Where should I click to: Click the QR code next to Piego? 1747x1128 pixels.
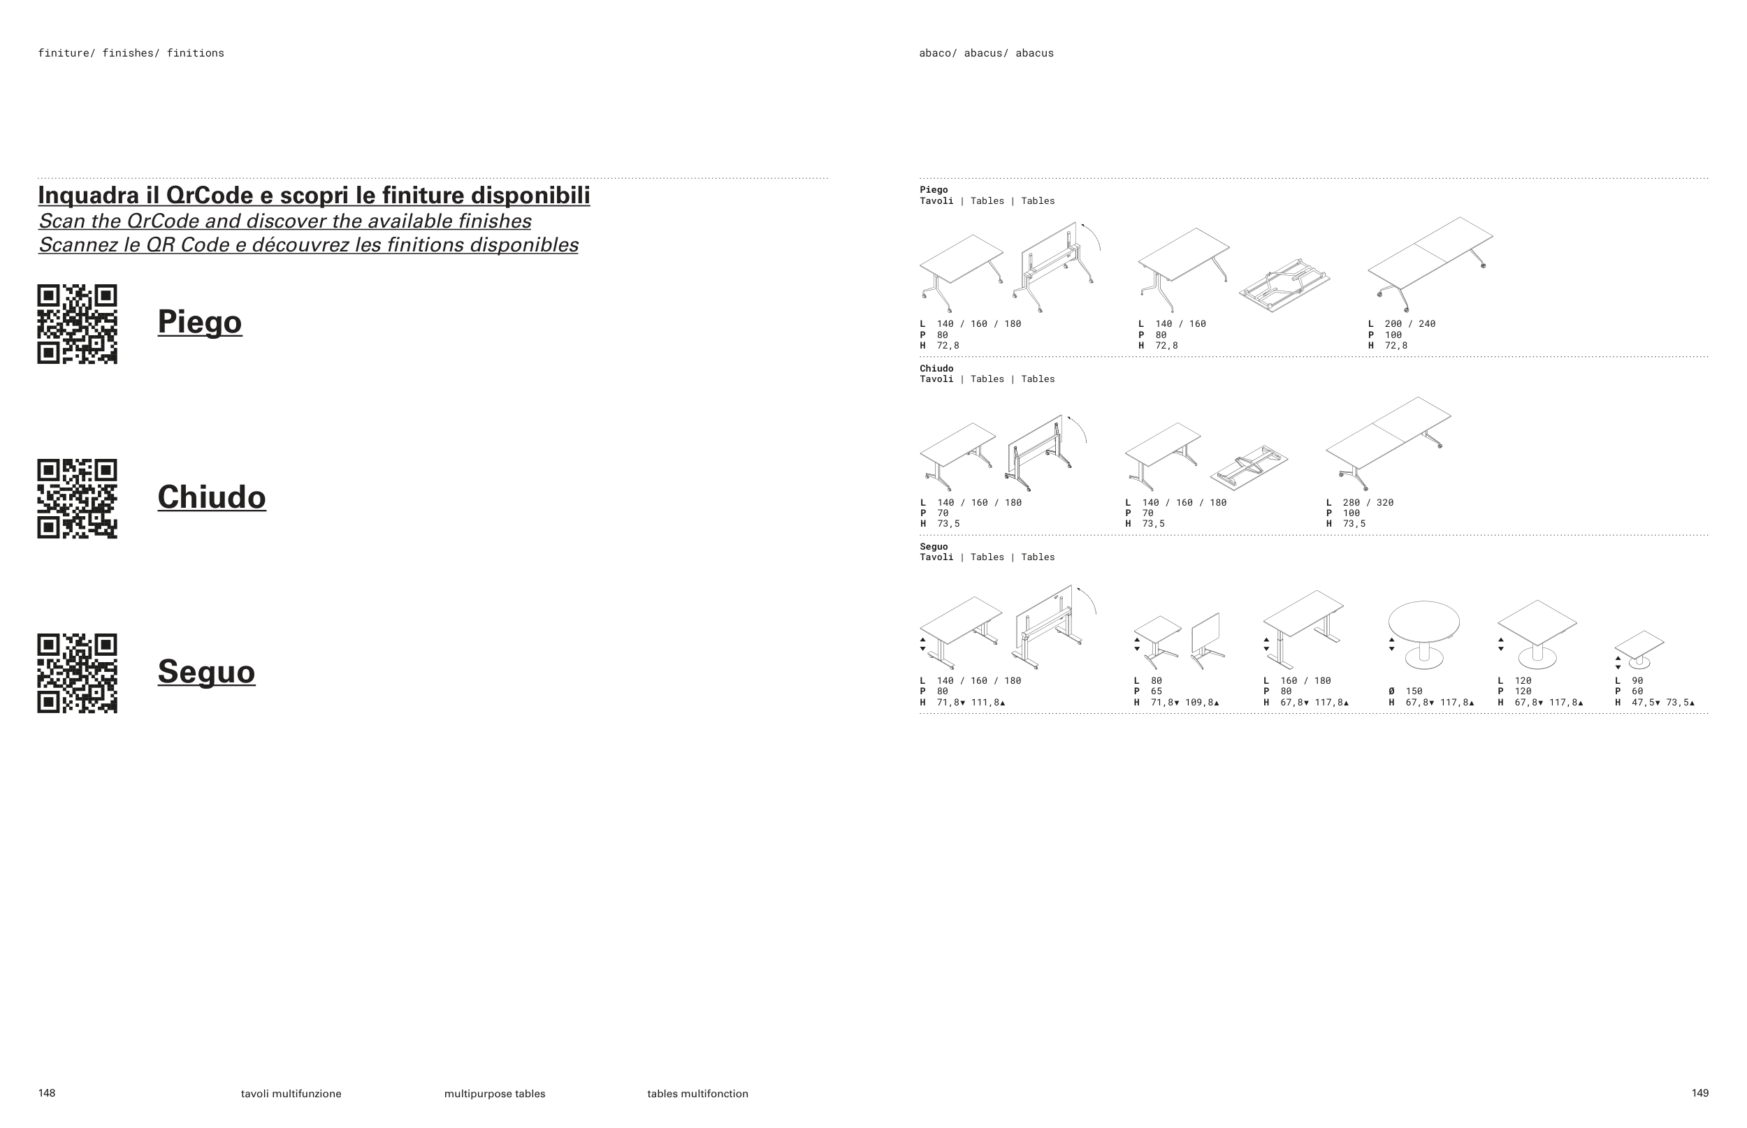pos(77,324)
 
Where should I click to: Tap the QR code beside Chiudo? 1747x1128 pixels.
pos(77,499)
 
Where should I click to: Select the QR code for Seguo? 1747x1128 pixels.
pos(77,673)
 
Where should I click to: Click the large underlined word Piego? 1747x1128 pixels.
pos(199,321)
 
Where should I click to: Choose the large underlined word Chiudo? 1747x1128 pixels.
pos(211,497)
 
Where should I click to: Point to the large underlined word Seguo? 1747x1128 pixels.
pos(206,672)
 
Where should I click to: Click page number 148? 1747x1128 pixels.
pos(47,1093)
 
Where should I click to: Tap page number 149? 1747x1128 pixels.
pos(1699,1093)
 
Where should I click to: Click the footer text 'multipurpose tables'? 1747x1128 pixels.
pos(495,1094)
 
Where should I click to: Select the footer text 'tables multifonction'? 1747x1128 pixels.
pos(697,1094)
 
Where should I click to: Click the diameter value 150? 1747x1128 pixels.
pos(1414,691)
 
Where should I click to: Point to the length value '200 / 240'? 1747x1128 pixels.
pos(1410,324)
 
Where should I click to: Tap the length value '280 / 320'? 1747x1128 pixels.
pos(1368,502)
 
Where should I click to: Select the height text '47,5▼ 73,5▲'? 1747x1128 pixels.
pos(1662,703)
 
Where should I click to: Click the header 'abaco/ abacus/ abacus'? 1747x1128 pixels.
pos(986,53)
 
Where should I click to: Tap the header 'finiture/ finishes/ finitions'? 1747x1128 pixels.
pos(131,53)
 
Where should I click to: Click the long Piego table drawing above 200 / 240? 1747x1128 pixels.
pos(1429,262)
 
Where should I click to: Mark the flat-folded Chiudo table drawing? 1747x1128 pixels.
pos(1249,467)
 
